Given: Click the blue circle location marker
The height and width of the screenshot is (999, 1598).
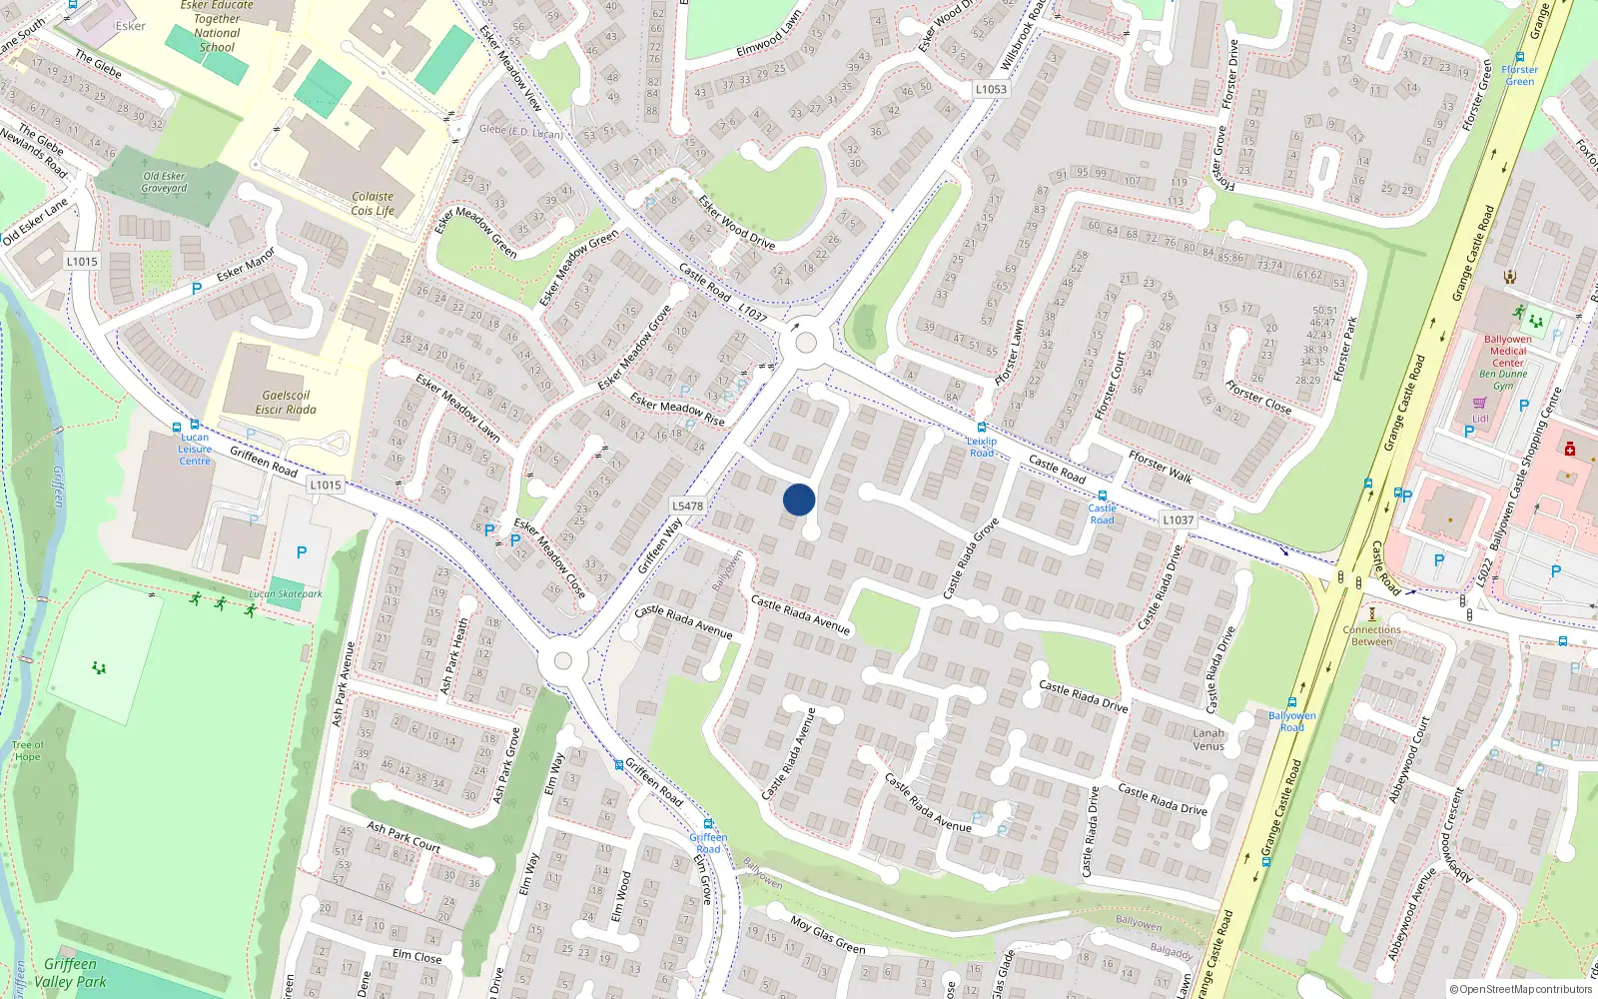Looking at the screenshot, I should click(799, 499).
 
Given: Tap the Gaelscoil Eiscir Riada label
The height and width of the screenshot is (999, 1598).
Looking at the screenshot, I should click(286, 403).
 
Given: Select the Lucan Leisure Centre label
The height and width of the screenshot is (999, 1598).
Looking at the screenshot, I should click(195, 449).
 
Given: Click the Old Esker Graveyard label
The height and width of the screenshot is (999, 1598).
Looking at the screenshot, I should click(164, 182).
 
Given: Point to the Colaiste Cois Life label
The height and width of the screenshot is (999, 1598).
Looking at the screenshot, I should click(373, 204).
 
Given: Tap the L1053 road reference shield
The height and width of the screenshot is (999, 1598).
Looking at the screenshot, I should click(991, 89).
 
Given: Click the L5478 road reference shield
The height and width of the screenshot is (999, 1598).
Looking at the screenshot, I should click(688, 505).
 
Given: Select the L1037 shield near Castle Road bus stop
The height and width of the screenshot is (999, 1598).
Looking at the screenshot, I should click(1178, 519).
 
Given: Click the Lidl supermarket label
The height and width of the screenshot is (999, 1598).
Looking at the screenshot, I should click(1480, 419).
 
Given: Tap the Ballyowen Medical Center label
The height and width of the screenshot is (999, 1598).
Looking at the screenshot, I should click(1508, 351).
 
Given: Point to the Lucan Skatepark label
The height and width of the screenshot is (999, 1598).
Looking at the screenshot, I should click(286, 593).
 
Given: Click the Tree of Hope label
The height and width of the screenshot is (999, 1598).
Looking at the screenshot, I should click(28, 750).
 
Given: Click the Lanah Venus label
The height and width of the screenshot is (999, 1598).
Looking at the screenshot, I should click(1208, 739).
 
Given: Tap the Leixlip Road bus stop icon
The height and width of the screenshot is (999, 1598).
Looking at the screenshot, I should click(982, 428).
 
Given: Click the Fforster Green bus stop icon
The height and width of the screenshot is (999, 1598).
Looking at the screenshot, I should click(1520, 58).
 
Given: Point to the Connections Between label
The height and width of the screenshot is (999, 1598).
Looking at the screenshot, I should click(1372, 635).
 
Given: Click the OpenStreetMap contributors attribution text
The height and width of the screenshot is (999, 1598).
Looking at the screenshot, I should click(1522, 989).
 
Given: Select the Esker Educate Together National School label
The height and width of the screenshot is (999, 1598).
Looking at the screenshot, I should click(217, 26).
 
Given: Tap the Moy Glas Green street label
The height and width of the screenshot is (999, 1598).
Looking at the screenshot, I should click(828, 934).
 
